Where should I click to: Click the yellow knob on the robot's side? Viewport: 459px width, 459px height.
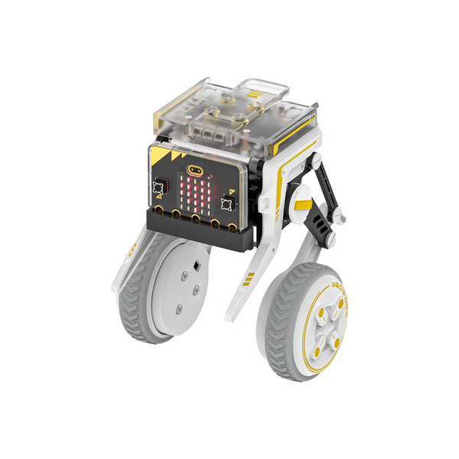pos(301,207)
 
